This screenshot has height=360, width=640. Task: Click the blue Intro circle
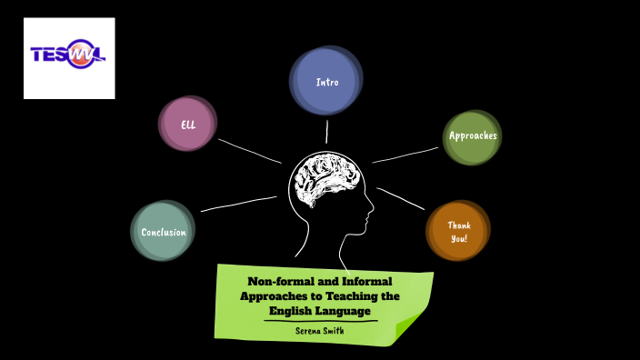point(326,81)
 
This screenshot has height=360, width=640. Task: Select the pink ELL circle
point(188,124)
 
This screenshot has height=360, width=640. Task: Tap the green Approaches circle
point(472,136)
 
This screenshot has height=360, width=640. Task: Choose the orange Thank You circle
point(458,231)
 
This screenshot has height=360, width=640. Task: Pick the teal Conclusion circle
point(163,232)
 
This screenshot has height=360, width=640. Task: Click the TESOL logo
point(69,57)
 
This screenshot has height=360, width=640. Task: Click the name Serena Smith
point(320,330)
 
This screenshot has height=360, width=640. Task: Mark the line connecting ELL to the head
point(250,151)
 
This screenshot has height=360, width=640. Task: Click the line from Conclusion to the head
point(238,204)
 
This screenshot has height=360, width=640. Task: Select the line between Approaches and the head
point(405,155)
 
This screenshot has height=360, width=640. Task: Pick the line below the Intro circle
point(327,132)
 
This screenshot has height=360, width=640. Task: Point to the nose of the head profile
point(372,216)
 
